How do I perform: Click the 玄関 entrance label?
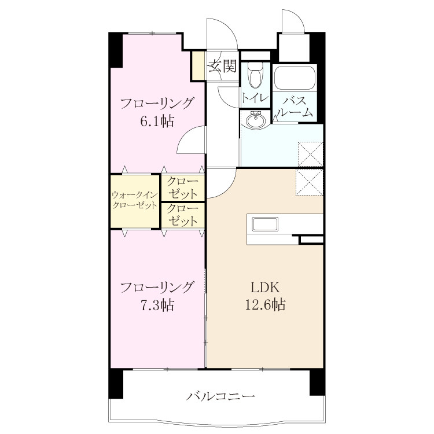[x=223, y=66]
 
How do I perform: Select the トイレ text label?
[x=255, y=98]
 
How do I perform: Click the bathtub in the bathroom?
[x=295, y=78]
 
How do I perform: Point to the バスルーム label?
[x=295, y=107]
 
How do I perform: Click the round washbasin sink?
[x=255, y=120]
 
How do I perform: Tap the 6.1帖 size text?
[x=157, y=122]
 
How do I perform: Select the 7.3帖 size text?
[x=157, y=306]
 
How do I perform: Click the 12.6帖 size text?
[x=266, y=305]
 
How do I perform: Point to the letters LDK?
[x=265, y=288]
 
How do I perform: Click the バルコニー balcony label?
[x=220, y=396]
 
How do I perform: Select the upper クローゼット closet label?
[x=182, y=188]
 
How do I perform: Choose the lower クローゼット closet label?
[x=182, y=215]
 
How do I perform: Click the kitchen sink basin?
[x=265, y=224]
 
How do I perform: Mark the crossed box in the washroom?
[x=310, y=154]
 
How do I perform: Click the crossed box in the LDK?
[x=309, y=182]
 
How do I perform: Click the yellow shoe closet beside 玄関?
[x=198, y=65]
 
